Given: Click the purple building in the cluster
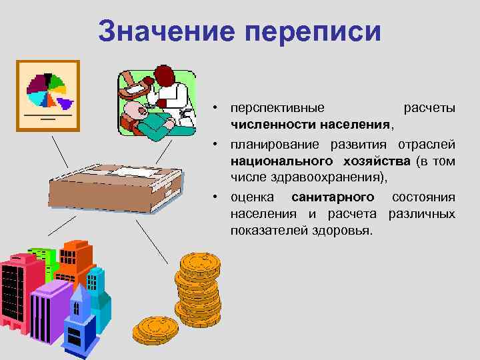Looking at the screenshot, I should pos(48,307).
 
